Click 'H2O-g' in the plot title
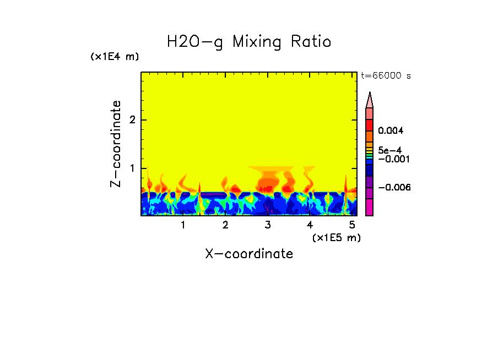195,42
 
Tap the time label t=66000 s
386,75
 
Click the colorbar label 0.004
391,131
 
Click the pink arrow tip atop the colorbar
370,100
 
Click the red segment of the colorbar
370,124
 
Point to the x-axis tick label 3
268,225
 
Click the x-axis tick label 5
352,225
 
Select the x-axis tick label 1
183,225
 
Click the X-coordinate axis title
249,254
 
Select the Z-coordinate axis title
116,144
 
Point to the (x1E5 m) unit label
336,237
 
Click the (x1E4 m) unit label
115,57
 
